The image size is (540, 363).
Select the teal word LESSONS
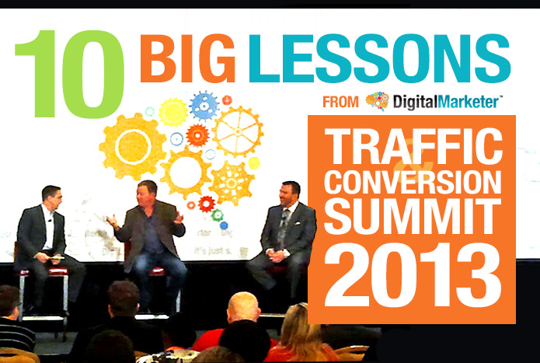(x=378, y=58)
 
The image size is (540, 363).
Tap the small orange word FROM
(x=340, y=102)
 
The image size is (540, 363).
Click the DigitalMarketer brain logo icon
(x=377, y=102)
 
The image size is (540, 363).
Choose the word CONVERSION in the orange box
(x=411, y=183)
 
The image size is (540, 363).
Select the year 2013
(x=411, y=273)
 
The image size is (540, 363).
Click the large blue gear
(x=204, y=106)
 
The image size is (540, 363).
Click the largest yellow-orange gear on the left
(x=133, y=146)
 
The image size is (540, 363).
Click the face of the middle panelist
(x=147, y=191)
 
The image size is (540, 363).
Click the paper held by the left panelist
(x=57, y=257)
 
